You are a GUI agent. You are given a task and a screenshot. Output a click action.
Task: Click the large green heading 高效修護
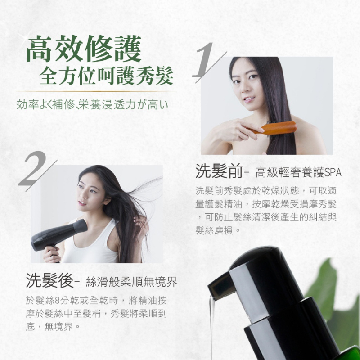tap(84, 49)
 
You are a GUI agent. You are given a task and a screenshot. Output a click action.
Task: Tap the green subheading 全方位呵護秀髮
tap(106, 76)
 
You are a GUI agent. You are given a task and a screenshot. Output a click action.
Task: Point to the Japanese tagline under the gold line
tap(92, 104)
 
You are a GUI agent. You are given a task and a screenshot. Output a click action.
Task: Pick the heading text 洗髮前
tap(219, 171)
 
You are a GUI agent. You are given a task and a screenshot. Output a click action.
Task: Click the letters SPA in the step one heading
tap(333, 172)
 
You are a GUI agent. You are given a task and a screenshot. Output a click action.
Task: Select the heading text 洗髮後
tap(49, 280)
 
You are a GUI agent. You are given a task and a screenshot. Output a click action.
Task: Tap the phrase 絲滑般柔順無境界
tap(131, 282)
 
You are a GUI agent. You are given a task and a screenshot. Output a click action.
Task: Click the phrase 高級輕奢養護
tap(289, 172)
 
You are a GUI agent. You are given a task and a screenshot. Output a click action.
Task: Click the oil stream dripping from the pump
tap(211, 328)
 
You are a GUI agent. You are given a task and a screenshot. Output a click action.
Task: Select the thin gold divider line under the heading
tap(96, 91)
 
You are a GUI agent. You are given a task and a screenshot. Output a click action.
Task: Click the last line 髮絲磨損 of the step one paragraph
tap(217, 230)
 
